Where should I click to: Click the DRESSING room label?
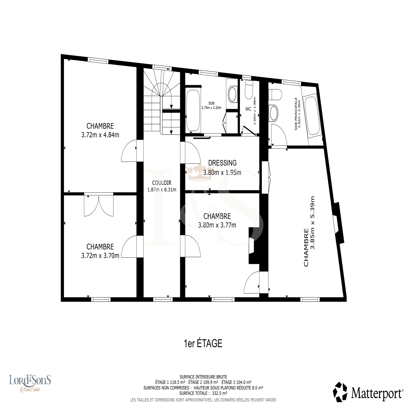(x=222, y=163)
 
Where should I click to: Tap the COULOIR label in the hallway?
(x=162, y=183)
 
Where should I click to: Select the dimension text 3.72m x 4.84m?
(x=100, y=135)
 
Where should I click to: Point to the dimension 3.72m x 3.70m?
(x=100, y=256)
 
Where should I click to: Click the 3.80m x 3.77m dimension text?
(x=217, y=225)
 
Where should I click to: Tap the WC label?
(x=248, y=109)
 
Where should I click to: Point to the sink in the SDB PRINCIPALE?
(x=274, y=113)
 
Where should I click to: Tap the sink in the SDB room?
(x=232, y=94)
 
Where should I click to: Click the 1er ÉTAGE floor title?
(x=203, y=343)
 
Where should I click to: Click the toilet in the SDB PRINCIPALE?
(x=275, y=94)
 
